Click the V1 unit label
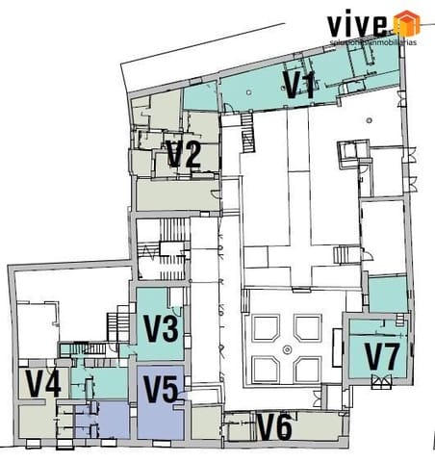(x=298, y=85)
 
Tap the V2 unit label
(x=183, y=154)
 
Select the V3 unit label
(x=161, y=330)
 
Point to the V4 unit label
(x=43, y=384)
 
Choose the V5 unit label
(x=161, y=390)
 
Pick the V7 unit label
(x=381, y=356)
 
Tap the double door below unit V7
(x=381, y=382)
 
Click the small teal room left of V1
(x=200, y=96)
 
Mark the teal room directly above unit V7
(x=387, y=294)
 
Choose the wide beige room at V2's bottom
(x=173, y=195)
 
